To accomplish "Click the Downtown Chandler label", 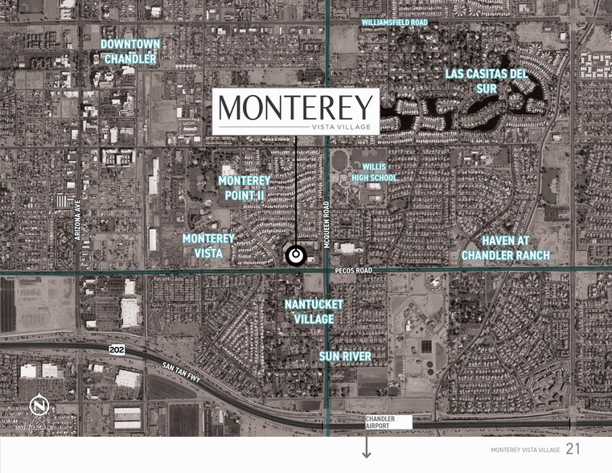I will (130, 51).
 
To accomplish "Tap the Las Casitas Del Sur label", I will (487, 81).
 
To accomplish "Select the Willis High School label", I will (380, 172).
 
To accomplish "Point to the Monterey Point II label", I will (244, 187).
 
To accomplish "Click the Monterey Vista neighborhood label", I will (208, 245).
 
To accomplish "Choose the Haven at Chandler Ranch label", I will (505, 248).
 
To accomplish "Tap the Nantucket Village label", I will (314, 311).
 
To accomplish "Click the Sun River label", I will (345, 356).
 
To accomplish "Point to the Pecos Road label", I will (353, 271).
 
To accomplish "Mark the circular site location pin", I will (296, 255).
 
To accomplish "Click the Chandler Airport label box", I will (387, 422).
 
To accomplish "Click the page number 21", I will (573, 449).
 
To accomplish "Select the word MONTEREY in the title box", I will (296, 107).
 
